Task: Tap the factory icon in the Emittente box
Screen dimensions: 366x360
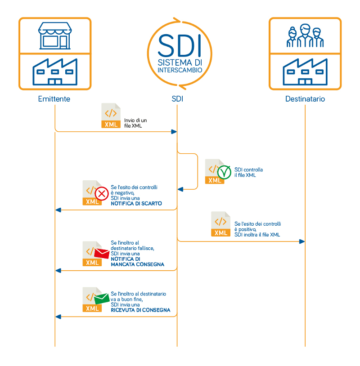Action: point(55,72)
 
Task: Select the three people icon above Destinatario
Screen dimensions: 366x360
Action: point(305,36)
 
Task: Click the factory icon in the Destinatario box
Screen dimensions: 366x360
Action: point(305,72)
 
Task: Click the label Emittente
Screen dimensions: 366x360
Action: point(54,99)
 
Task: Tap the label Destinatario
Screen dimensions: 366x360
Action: point(305,99)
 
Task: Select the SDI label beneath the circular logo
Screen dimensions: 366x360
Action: point(177,99)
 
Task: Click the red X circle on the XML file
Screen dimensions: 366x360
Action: point(102,194)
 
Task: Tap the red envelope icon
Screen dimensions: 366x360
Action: point(101,254)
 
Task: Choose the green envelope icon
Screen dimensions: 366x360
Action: point(101,299)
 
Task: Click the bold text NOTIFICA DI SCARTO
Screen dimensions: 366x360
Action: point(136,204)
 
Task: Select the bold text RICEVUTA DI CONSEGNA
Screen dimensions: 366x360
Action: point(140,310)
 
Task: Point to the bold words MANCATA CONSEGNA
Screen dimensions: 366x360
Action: point(137,264)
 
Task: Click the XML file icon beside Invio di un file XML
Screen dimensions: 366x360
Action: point(111,116)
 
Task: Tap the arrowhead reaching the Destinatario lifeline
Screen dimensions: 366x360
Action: point(302,241)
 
